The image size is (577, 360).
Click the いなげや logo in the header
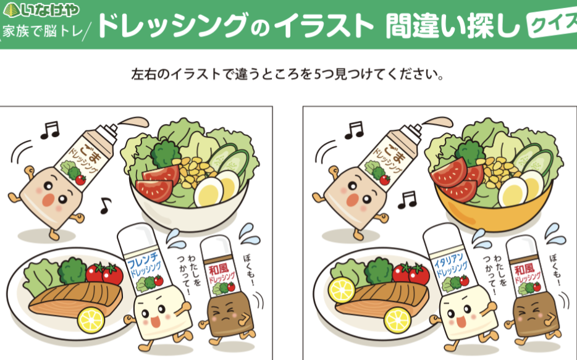click(x=41, y=10)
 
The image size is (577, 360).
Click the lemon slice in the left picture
click(x=91, y=320)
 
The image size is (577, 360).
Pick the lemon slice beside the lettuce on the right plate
click(x=342, y=290)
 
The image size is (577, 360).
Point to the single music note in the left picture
click(x=106, y=205)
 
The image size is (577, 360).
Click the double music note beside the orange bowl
click(x=407, y=199)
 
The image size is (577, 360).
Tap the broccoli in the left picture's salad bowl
click(x=165, y=153)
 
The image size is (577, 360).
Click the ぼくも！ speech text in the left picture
click(x=250, y=269)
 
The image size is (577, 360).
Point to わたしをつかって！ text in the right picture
click(x=497, y=270)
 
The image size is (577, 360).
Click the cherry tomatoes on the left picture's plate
click(x=104, y=273)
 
